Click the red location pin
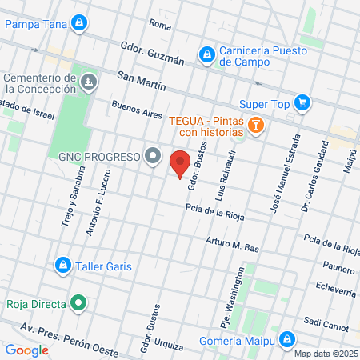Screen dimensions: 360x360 (x=180, y=163)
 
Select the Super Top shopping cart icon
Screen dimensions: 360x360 (x=302, y=102)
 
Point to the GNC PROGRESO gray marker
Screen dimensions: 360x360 (x=152, y=157)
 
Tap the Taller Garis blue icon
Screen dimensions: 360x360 (x=62, y=264)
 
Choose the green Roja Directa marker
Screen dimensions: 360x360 (x=78, y=303)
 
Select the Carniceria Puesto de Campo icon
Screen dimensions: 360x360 (x=206, y=54)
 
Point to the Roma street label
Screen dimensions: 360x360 (x=160, y=26)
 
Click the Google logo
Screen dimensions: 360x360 (x=26, y=350)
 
